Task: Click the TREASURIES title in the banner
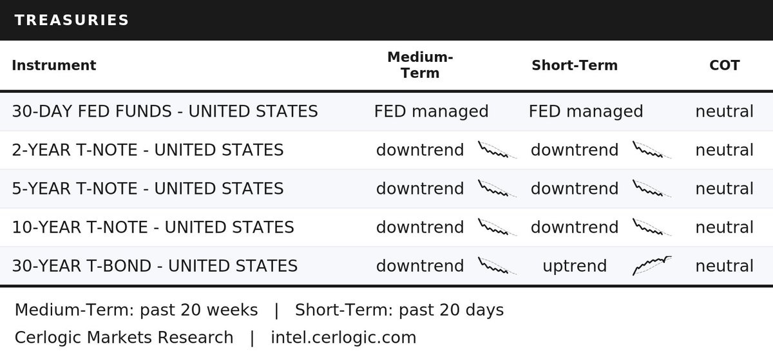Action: coord(72,20)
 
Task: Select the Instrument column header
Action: coord(54,65)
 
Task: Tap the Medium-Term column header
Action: coord(420,65)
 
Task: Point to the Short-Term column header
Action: coord(575,65)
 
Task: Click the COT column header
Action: coord(724,65)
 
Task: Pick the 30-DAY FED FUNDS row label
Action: coord(165,111)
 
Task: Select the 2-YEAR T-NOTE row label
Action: coord(148,150)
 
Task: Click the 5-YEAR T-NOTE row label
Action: coord(148,189)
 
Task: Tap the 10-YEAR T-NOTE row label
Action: coord(153,227)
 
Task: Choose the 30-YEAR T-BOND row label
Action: coord(155,266)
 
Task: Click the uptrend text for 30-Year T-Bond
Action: coord(575,267)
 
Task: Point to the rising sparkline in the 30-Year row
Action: coord(652,265)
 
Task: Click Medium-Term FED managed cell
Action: coord(432,112)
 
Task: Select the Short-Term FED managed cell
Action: coord(586,112)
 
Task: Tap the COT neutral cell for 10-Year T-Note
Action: coord(724,227)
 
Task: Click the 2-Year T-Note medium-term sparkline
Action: coord(497,150)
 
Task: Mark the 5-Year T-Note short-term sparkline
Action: coord(652,189)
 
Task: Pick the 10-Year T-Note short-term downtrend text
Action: coord(575,227)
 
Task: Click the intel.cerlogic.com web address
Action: coord(343,337)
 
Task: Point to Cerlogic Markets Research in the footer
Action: coord(124,337)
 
